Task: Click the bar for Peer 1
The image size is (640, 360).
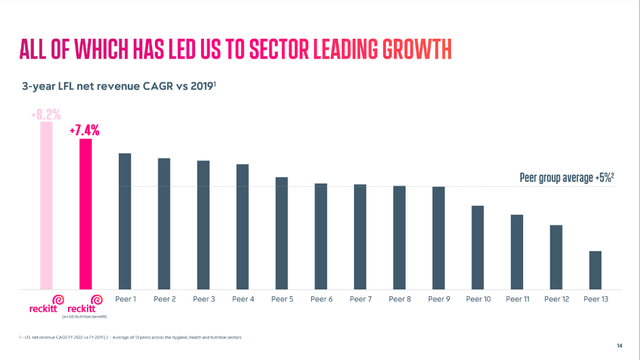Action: pos(125,221)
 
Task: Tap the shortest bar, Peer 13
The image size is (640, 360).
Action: pos(594,270)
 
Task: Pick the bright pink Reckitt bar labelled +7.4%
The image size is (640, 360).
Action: pos(86,214)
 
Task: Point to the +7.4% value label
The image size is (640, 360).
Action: pos(85,131)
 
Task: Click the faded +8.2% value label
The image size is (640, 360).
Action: pos(46,115)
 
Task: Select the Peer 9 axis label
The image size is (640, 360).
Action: pos(438,298)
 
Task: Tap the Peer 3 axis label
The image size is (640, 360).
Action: pos(203,298)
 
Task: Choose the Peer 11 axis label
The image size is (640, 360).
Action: pos(516,298)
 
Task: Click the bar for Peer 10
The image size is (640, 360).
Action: pos(477,247)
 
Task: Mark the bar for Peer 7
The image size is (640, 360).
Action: pos(360,237)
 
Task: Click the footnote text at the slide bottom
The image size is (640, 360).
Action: pos(139,339)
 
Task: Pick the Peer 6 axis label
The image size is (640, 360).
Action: pos(321,298)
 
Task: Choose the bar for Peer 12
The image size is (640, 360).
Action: pos(555,257)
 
